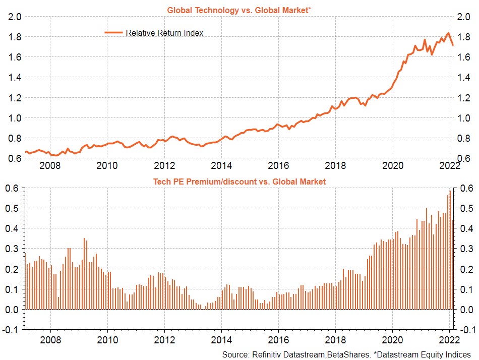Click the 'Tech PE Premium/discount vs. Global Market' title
[239, 181]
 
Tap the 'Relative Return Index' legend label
[164, 33]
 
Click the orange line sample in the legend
[113, 33]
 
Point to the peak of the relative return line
[448, 34]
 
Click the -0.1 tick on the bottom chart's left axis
[13, 329]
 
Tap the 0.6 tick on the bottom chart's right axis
[464, 188]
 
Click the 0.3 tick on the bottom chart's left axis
[14, 249]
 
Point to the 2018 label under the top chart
[335, 165]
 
